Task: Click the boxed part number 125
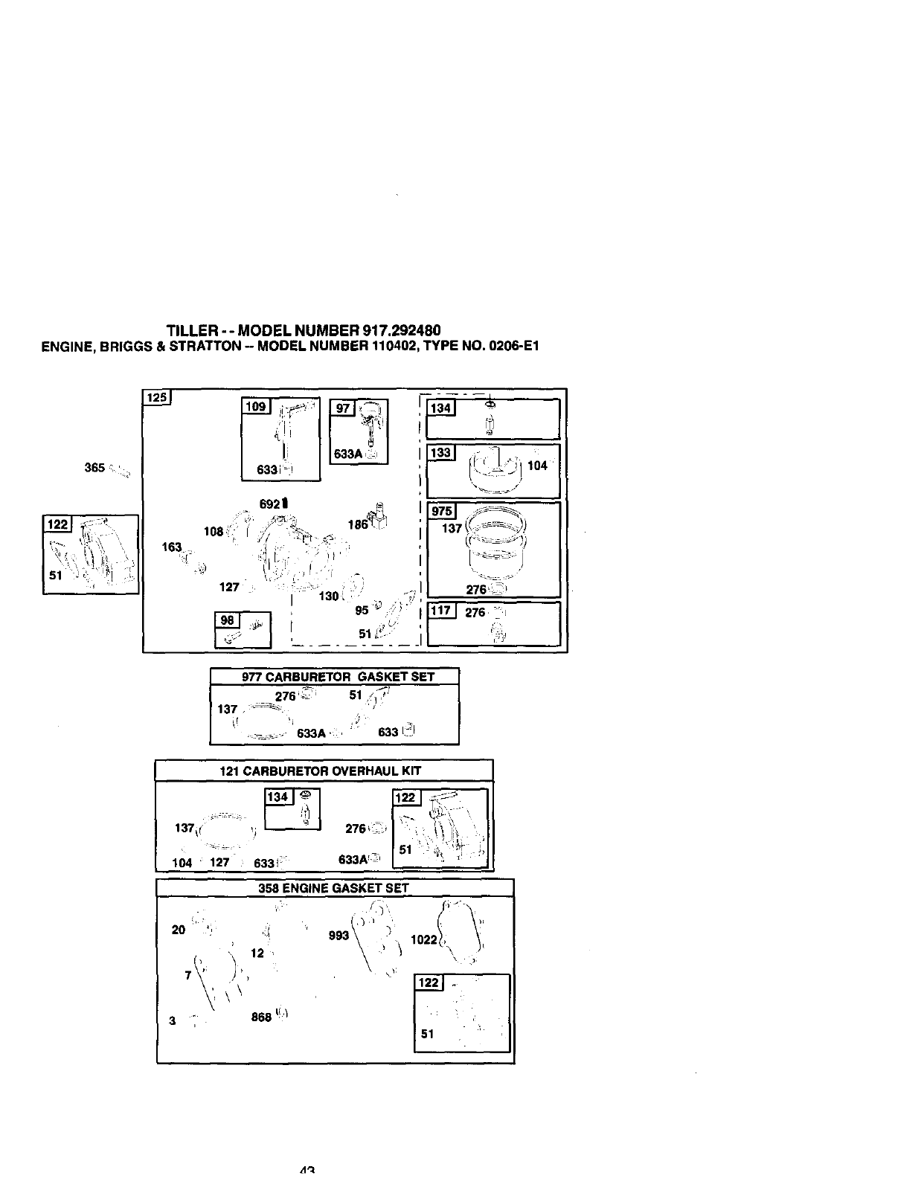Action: (x=157, y=397)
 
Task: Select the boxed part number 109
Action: (x=256, y=406)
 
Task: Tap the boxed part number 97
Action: (x=343, y=408)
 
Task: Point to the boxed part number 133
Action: (x=441, y=453)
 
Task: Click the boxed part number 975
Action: (x=442, y=511)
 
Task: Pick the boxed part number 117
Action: (x=441, y=611)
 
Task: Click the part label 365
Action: (x=94, y=468)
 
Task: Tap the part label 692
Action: (x=269, y=504)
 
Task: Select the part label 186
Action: (x=357, y=524)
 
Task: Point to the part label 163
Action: (x=172, y=547)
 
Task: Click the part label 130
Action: (x=328, y=596)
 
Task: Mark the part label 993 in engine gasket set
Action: (x=339, y=935)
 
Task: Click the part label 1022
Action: (x=424, y=939)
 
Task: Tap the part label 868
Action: (x=261, y=1017)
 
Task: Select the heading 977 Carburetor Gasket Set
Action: (x=338, y=677)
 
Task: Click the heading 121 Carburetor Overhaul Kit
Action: (x=320, y=771)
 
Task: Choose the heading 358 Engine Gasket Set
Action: (x=333, y=887)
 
